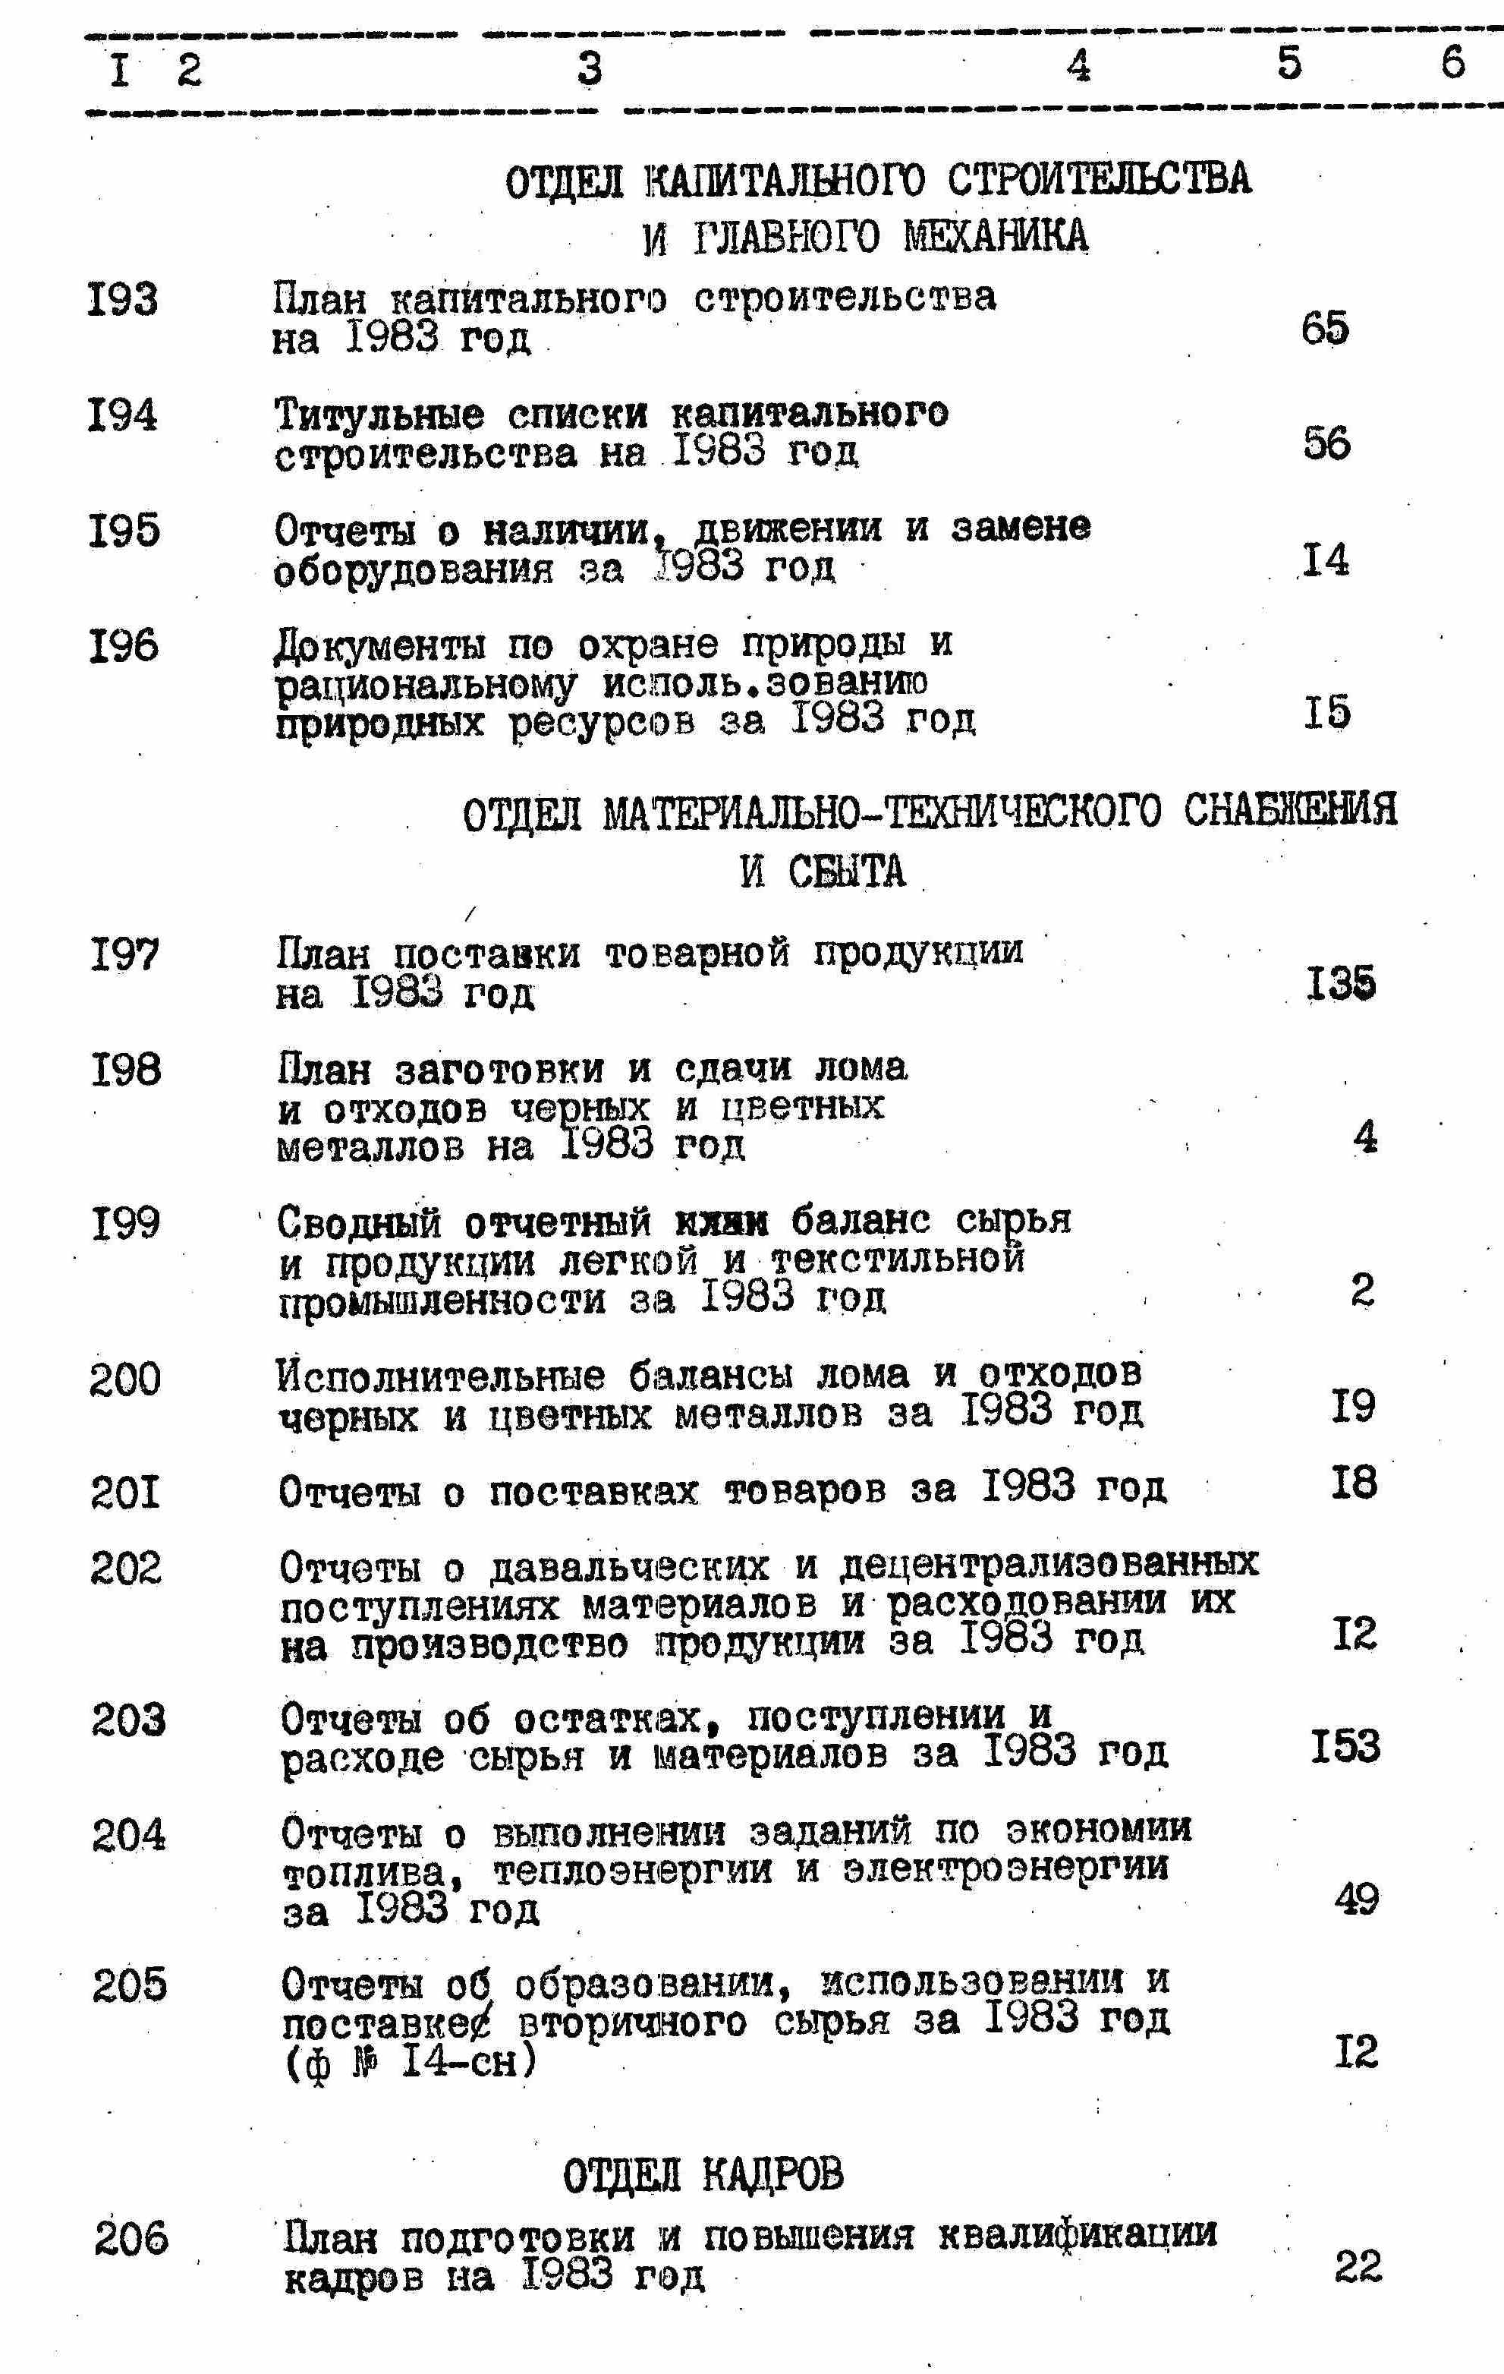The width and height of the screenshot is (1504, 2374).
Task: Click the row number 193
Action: point(122,298)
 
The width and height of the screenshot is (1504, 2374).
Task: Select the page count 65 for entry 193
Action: point(1325,328)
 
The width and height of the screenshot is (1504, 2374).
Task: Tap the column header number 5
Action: point(1289,63)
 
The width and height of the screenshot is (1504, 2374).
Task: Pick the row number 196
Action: point(124,647)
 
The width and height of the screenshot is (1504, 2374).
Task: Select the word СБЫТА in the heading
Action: point(847,872)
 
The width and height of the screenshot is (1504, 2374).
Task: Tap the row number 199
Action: point(125,1225)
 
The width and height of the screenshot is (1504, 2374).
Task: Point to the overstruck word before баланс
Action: point(722,1222)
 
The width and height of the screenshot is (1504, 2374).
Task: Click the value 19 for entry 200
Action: point(1352,1407)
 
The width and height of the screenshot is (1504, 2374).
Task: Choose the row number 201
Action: point(125,1493)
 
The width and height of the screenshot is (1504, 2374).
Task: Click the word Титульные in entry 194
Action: point(379,414)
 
